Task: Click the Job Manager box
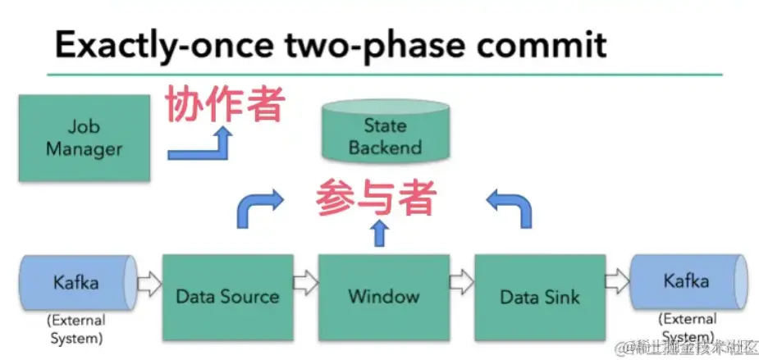point(84,138)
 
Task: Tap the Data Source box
point(227,296)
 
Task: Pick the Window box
point(383,296)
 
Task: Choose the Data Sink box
point(539,296)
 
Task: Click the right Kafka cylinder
point(686,282)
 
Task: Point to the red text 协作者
point(225,104)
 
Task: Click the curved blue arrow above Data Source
point(257,208)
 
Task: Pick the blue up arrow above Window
point(378,233)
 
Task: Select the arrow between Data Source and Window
point(305,285)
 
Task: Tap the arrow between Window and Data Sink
point(461,285)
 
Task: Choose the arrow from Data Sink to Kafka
point(616,284)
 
